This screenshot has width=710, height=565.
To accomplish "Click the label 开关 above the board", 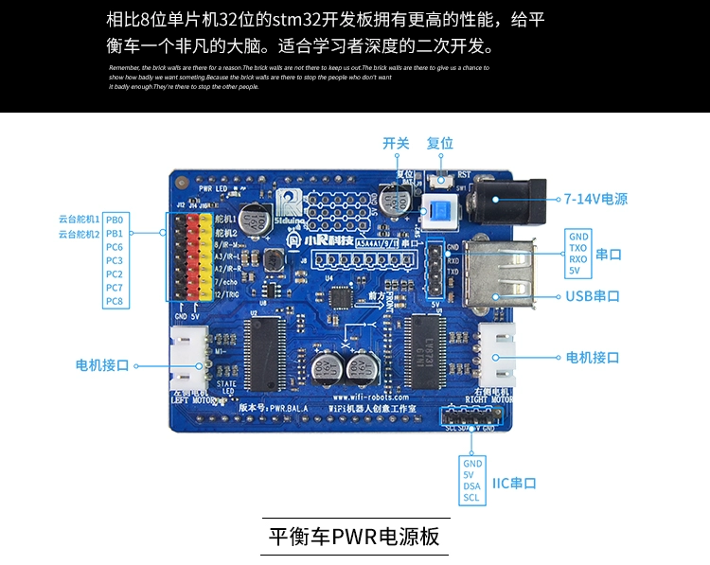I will pyautogui.click(x=396, y=144).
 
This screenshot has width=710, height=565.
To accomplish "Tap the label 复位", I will pyautogui.click(x=440, y=144).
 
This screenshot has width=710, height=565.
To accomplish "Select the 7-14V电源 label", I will pyautogui.click(x=595, y=199).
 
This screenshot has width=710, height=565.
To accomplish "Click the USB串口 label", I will pyautogui.click(x=594, y=296).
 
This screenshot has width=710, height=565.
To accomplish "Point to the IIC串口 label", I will pyautogui.click(x=514, y=483).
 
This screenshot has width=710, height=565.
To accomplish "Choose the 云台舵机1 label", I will pyautogui.click(x=80, y=220).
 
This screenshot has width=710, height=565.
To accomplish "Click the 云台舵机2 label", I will pyautogui.click(x=80, y=234).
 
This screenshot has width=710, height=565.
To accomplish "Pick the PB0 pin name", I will pyautogui.click(x=115, y=220).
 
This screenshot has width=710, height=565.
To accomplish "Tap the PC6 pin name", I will pyautogui.click(x=115, y=247).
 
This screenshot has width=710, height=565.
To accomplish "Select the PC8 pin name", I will pyautogui.click(x=115, y=301).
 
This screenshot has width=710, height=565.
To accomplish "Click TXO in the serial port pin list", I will pyautogui.click(x=577, y=247).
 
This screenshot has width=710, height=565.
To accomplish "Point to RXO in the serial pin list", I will pyautogui.click(x=577, y=258).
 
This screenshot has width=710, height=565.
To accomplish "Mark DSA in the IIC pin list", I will pyautogui.click(x=471, y=486).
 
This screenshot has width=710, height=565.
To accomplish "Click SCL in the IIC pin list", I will pyautogui.click(x=471, y=498).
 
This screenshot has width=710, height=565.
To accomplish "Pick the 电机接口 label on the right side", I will pyautogui.click(x=592, y=358).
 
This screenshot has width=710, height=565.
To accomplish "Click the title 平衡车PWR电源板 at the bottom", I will pyautogui.click(x=354, y=537).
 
